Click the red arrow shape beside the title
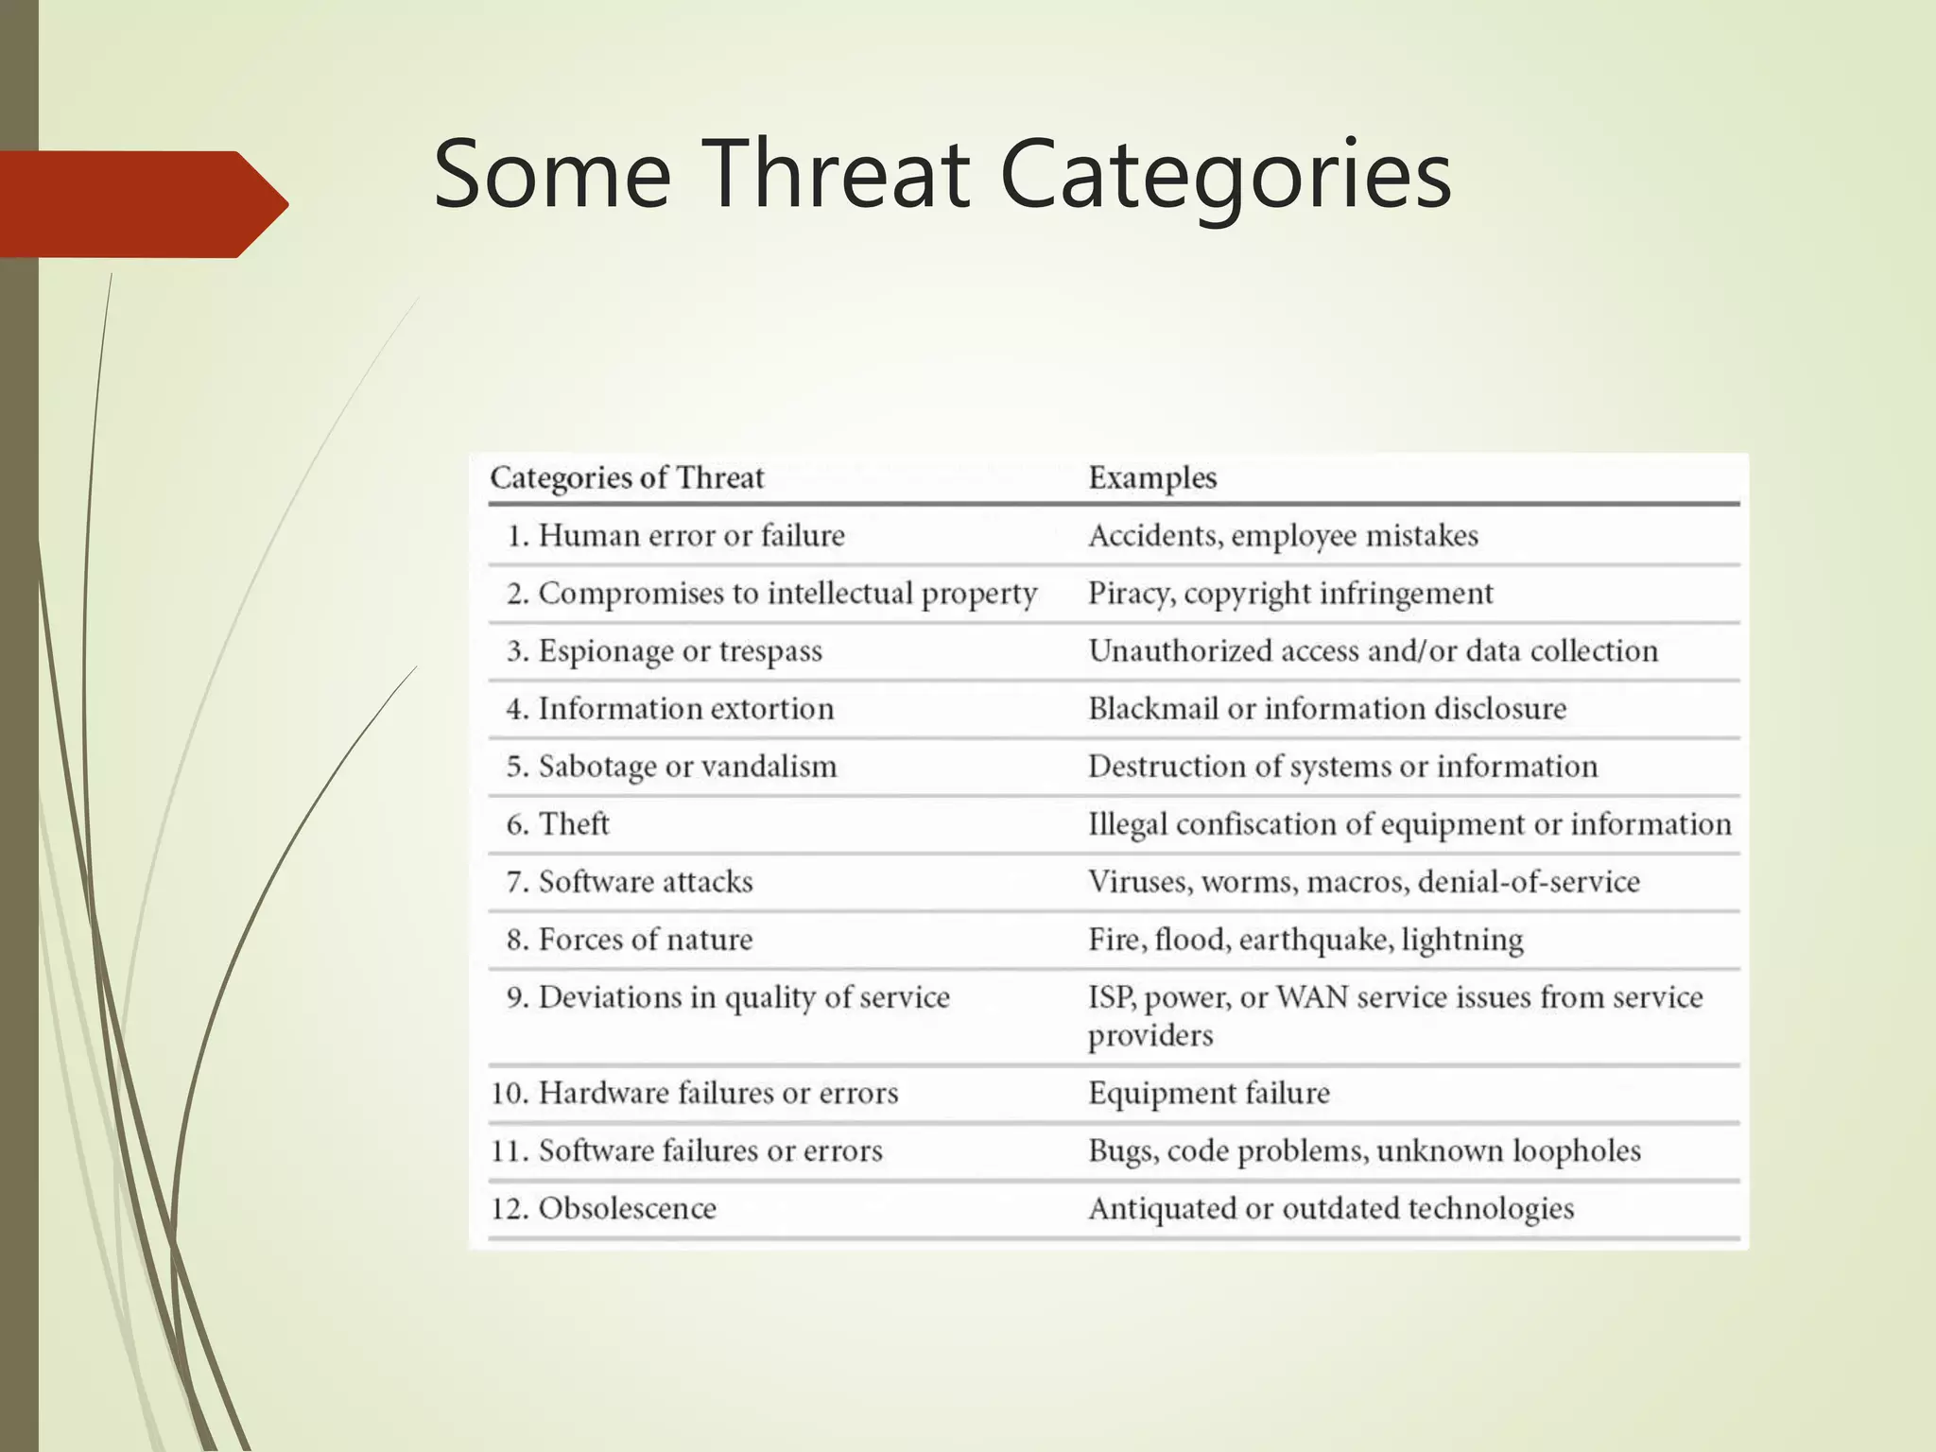pyautogui.click(x=142, y=204)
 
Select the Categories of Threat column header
pyautogui.click(x=627, y=477)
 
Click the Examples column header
pyautogui.click(x=1151, y=477)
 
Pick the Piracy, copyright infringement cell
pyautogui.click(x=1290, y=594)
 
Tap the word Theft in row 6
pyautogui.click(x=574, y=824)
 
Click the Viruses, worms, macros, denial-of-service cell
pyautogui.click(x=1363, y=882)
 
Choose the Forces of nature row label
pyautogui.click(x=645, y=940)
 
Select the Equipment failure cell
pyautogui.click(x=1209, y=1094)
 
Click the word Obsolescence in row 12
pyautogui.click(x=627, y=1209)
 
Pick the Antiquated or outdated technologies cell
pyautogui.click(x=1330, y=1209)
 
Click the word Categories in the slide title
pyautogui.click(x=1225, y=174)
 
